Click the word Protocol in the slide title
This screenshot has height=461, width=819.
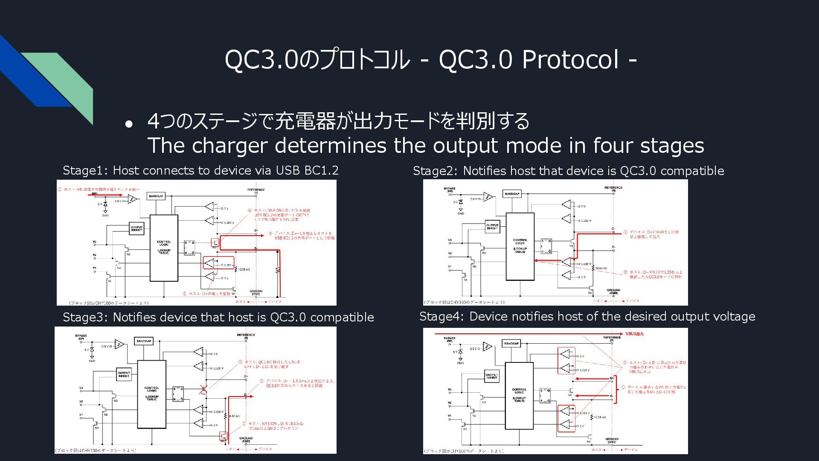pyautogui.click(x=571, y=59)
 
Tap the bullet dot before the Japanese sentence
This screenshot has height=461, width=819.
pyautogui.click(x=129, y=124)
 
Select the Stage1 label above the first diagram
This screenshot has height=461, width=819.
pyautogui.click(x=85, y=170)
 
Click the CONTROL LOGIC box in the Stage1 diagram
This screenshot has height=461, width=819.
pyautogui.click(x=164, y=248)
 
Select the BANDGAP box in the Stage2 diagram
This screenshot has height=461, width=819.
pyautogui.click(x=512, y=194)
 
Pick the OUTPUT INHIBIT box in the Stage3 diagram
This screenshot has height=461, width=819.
pyautogui.click(x=124, y=374)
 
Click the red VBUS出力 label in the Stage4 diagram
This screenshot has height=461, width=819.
pyautogui.click(x=634, y=334)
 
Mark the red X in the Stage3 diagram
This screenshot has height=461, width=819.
pyautogui.click(x=203, y=389)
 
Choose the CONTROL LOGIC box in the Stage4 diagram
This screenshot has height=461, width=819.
pyautogui.click(x=519, y=396)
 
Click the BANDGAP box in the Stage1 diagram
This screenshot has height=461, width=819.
pyautogui.click(x=156, y=196)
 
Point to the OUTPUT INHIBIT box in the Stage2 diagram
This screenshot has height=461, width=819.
pyautogui.click(x=492, y=227)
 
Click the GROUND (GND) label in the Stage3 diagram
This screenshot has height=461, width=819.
pyautogui.click(x=246, y=440)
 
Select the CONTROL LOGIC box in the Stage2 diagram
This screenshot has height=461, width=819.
pyautogui.click(x=520, y=246)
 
